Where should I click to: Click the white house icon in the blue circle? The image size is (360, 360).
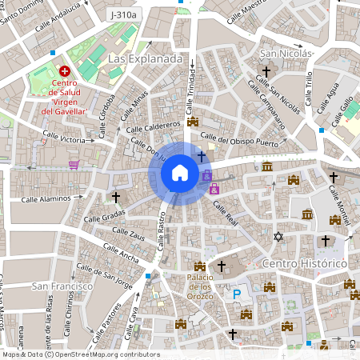[179, 173]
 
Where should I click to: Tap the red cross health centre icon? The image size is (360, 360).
[63, 71]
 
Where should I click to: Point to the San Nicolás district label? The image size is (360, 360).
[287, 54]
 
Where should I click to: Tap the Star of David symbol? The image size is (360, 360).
[278, 236]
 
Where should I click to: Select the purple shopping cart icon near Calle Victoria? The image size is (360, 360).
[74, 164]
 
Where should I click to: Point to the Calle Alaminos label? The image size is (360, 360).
[46, 198]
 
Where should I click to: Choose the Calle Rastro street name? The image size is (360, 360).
[163, 234]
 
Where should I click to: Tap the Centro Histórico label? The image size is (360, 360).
[303, 263]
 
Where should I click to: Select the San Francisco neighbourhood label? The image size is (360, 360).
[58, 285]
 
